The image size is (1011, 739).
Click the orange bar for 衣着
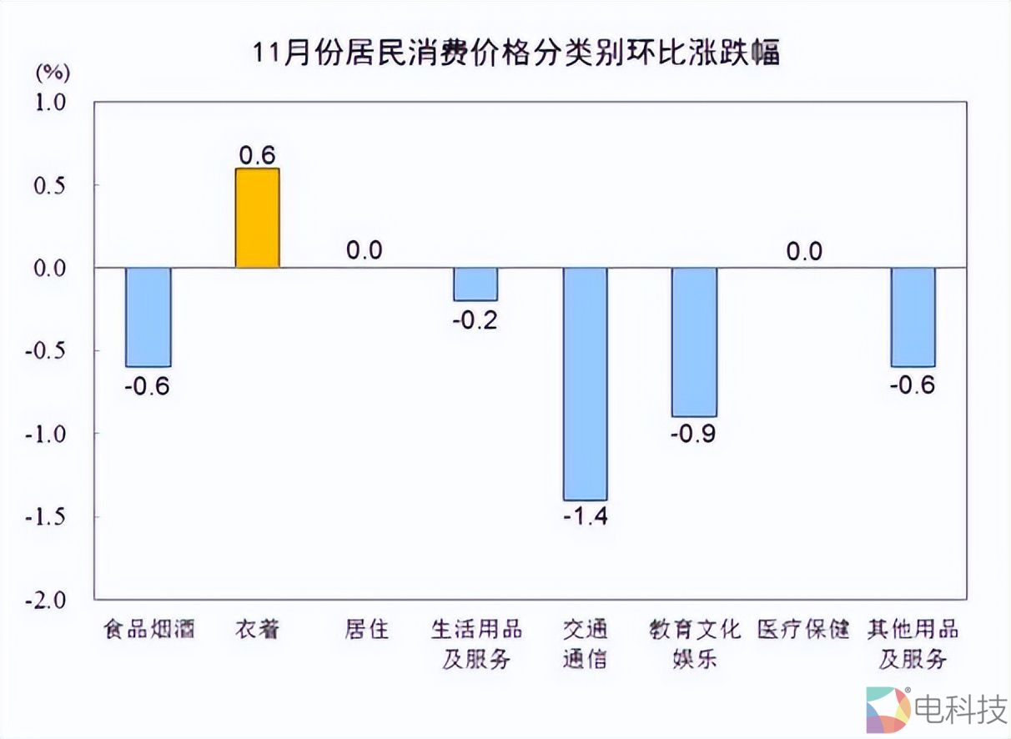[x=257, y=218]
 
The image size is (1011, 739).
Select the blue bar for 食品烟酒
[x=148, y=317]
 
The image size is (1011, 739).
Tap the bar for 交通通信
[x=585, y=384]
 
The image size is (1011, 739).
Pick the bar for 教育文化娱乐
[x=694, y=342]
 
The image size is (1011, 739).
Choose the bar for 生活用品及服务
[x=475, y=284]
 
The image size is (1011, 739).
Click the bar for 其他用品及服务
[x=913, y=317]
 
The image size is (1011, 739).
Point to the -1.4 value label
[x=585, y=516]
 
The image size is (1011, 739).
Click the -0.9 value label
[x=694, y=434]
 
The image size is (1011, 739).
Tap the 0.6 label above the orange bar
[x=257, y=154]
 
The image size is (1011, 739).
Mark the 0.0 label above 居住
[x=364, y=250]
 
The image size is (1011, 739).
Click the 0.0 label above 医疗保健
[x=804, y=250]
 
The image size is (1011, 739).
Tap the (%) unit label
[x=53, y=73]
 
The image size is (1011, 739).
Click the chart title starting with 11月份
[x=517, y=53]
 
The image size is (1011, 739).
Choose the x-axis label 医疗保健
[x=803, y=629]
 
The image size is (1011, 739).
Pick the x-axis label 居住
[x=366, y=629]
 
